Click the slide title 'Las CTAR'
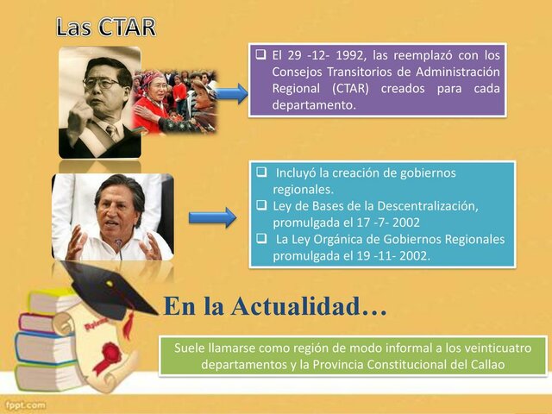click(x=106, y=27)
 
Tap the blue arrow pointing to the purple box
click(x=230, y=94)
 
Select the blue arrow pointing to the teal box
click(x=211, y=217)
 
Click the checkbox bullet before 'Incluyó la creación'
click(x=262, y=172)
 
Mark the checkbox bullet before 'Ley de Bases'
click(x=262, y=205)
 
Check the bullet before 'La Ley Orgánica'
click(x=262, y=239)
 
